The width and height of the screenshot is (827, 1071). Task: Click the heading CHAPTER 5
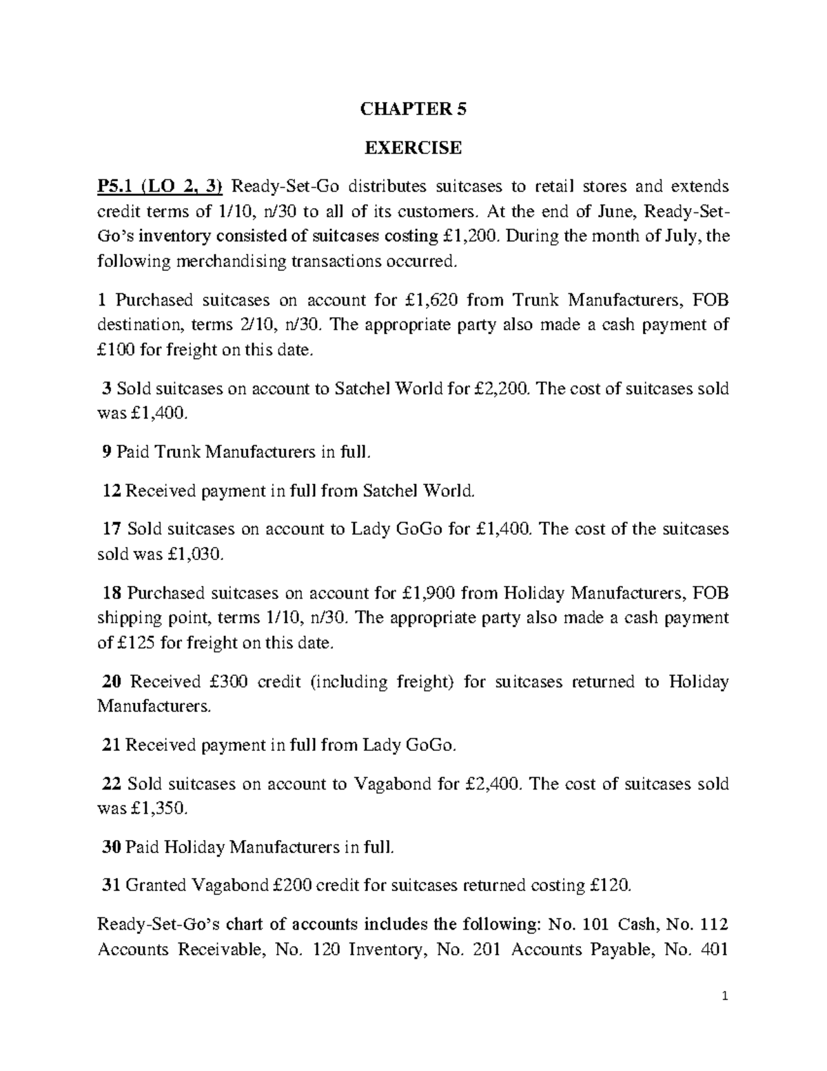413,109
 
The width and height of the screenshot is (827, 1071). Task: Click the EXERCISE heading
413,148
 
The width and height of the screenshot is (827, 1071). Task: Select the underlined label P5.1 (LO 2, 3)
160,186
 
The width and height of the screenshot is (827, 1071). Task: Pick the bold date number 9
105,452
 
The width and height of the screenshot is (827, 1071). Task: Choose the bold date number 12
110,491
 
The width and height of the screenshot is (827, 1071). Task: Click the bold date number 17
110,530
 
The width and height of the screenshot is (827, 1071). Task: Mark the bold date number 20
111,683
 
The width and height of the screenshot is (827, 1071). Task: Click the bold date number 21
110,745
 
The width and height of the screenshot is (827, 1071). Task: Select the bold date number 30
111,848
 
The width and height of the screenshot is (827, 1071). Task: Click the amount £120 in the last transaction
610,885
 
